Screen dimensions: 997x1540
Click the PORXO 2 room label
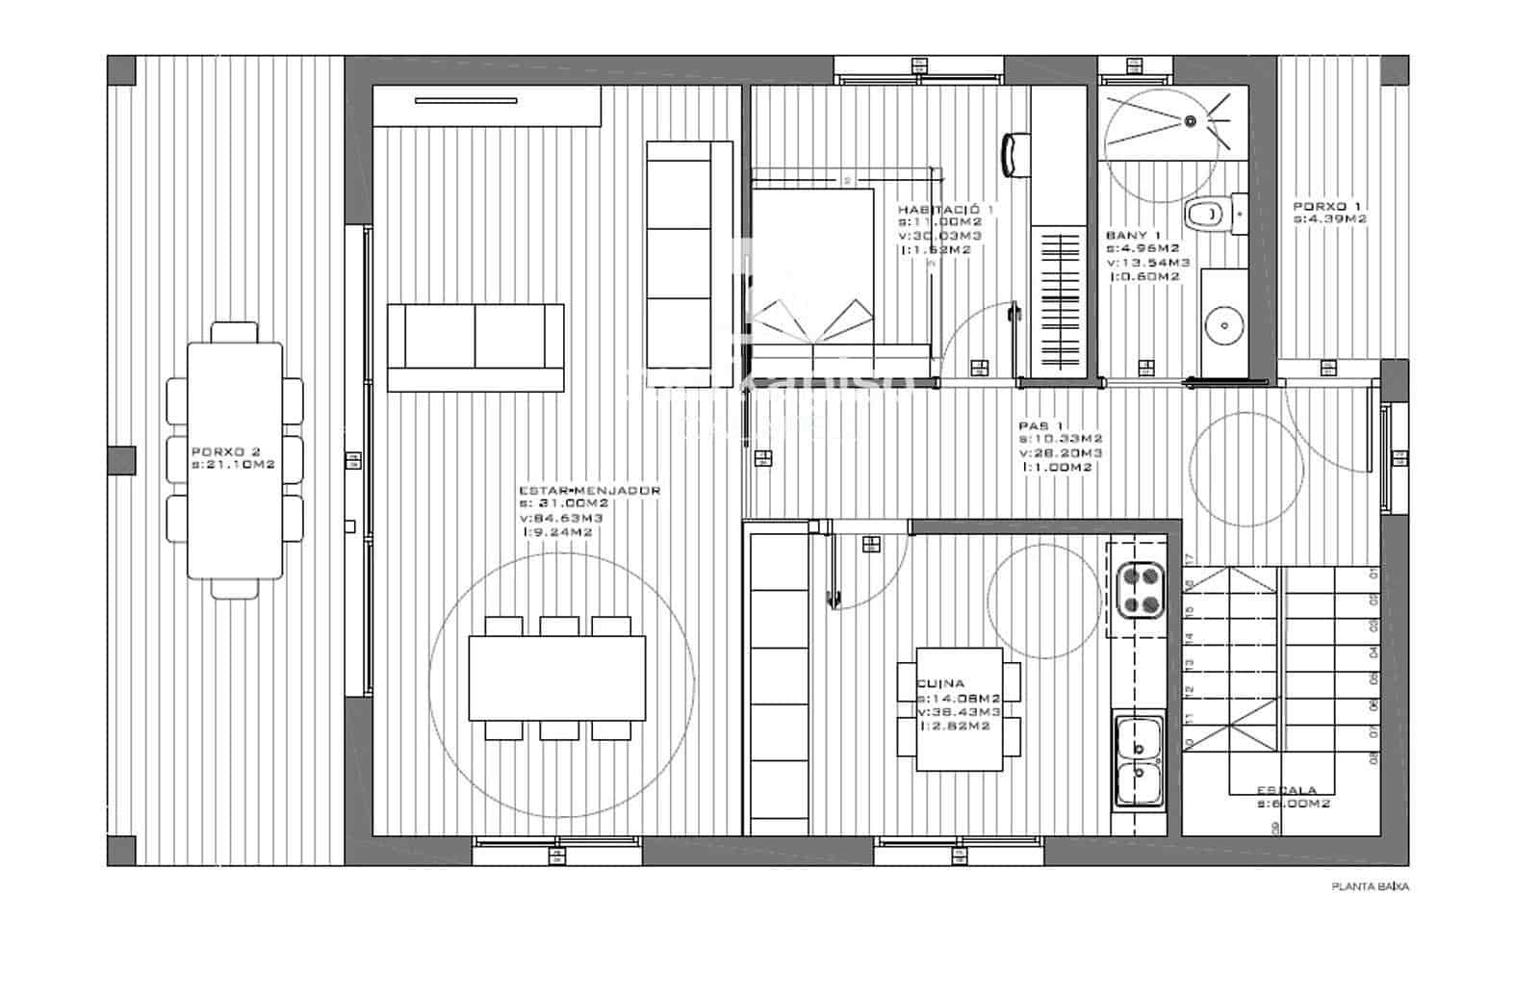[x=226, y=451]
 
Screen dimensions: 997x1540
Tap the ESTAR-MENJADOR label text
[x=589, y=491]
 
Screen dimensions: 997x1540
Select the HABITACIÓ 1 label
[x=946, y=209]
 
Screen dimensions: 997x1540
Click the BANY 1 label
[x=1134, y=235]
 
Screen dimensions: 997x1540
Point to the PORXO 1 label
[x=1326, y=206]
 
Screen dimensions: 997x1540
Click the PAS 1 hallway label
[x=1041, y=425]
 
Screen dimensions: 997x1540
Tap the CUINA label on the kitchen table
[x=940, y=683]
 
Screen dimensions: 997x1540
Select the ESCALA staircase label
[x=1287, y=790]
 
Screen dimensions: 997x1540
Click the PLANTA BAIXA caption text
[x=1370, y=887]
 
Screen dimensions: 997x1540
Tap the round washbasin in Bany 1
[x=1224, y=325]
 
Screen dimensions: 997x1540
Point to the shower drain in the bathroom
[x=1191, y=121]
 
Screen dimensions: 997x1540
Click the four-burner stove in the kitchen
[x=1140, y=591]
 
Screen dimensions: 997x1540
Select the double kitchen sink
[x=1139, y=760]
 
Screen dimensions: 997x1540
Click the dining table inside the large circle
[x=556, y=677]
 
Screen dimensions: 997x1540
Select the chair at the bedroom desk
[x=1015, y=156]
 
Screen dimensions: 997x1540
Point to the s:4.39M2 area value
[x=1330, y=219]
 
